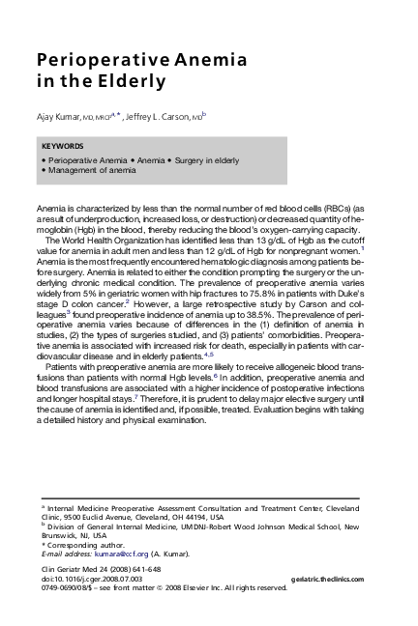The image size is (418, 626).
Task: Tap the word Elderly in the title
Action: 131,81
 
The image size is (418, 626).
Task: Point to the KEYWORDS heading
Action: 63,146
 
